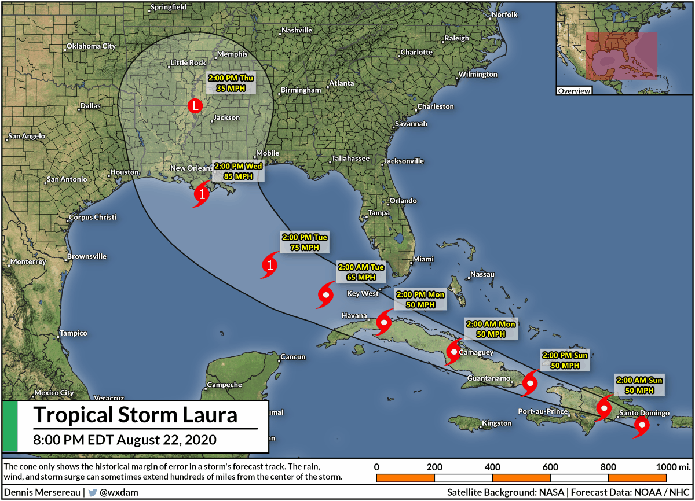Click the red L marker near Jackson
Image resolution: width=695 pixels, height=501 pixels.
tap(195, 106)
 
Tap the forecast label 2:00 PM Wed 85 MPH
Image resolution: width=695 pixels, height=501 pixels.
tap(238, 171)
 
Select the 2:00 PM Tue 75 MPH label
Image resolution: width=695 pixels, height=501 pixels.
tap(305, 242)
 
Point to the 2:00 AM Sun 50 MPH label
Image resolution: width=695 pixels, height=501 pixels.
tap(639, 385)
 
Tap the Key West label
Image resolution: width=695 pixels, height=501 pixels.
tap(362, 294)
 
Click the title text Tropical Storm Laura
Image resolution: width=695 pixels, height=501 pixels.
tap(136, 415)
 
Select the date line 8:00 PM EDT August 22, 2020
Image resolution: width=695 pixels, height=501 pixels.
tap(125, 440)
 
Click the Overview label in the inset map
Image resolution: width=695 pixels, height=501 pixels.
tap(574, 91)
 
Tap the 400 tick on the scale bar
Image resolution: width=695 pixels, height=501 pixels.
tap(492, 467)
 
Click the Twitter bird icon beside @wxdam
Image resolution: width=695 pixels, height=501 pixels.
tap(92, 493)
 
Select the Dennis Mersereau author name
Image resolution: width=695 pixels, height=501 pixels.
tap(42, 493)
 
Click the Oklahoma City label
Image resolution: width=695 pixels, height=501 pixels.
tap(91, 46)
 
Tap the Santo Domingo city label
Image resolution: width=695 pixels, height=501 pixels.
tap(644, 413)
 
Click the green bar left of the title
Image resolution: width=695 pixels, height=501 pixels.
tap(10, 427)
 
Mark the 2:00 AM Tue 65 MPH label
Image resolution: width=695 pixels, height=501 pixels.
tap(361, 272)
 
